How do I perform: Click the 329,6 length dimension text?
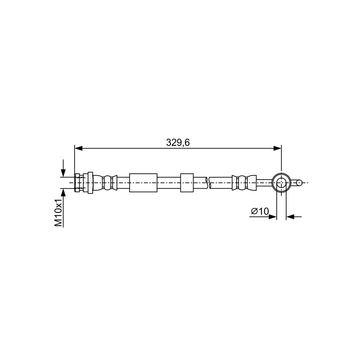(178, 143)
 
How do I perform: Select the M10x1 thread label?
(59, 213)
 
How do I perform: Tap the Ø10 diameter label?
(260, 211)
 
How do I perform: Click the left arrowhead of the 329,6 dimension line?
(78, 148)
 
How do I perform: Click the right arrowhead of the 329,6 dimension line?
(277, 148)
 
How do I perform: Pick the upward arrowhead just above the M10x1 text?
(63, 193)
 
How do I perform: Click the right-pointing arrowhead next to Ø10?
(273, 216)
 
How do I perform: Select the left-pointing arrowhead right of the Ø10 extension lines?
(290, 216)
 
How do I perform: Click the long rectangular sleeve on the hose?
(143, 183)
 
